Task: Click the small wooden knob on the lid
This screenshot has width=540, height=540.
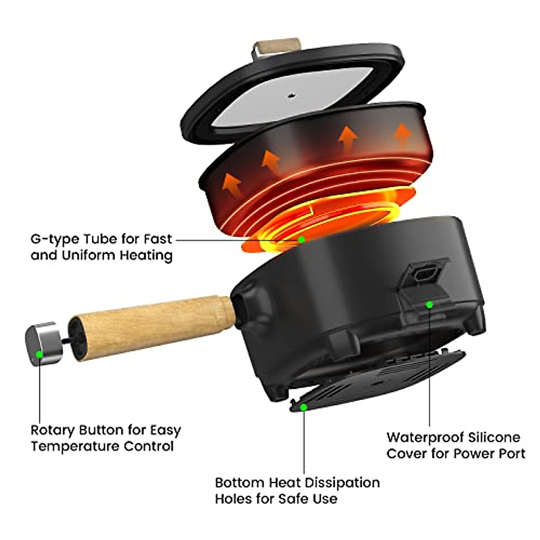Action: tap(276, 47)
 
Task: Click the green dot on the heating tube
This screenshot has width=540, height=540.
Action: tap(301, 239)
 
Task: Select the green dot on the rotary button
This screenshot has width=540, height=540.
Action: tap(40, 354)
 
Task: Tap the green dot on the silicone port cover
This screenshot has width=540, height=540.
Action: tap(429, 305)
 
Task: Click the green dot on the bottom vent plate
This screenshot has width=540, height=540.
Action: tap(304, 407)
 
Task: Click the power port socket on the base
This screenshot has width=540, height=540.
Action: tap(424, 274)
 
